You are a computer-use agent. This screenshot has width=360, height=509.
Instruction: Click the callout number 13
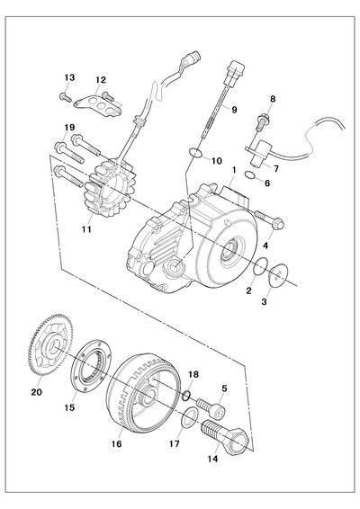point(69,77)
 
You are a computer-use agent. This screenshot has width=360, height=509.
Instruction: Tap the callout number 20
point(37,392)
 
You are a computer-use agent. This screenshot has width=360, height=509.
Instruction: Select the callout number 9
point(234,110)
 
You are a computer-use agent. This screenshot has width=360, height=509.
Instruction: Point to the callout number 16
point(117,443)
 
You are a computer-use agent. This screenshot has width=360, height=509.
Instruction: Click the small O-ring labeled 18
point(186,396)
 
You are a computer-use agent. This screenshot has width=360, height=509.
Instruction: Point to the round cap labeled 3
point(278,275)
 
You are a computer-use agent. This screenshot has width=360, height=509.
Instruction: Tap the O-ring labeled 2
point(261,266)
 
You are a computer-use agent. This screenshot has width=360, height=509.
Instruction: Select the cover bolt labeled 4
point(269,219)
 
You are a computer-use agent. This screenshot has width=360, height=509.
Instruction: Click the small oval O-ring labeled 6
point(250,175)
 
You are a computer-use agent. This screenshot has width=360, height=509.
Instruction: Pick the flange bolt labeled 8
point(262,122)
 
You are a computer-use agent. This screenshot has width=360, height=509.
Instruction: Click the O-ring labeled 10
point(194,152)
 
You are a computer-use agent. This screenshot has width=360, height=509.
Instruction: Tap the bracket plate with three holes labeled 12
point(98,105)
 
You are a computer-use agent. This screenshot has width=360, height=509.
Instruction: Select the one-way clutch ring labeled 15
point(93,364)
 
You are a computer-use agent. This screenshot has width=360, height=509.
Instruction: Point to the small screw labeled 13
point(66,97)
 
